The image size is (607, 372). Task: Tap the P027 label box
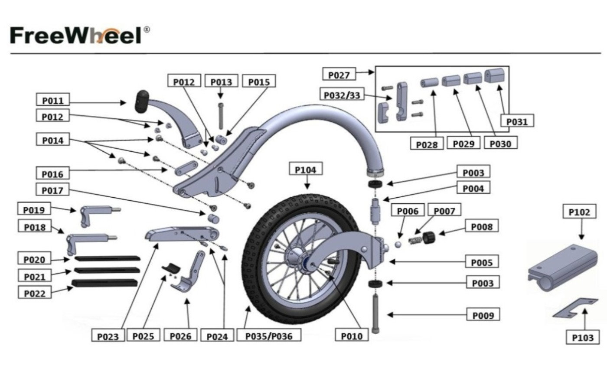point(339,74)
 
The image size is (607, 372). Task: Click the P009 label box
point(483,315)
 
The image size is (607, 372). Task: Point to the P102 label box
point(579,212)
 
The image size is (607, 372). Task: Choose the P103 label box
point(583,337)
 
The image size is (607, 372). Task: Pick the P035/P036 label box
point(269,335)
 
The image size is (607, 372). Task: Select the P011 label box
point(52,101)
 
